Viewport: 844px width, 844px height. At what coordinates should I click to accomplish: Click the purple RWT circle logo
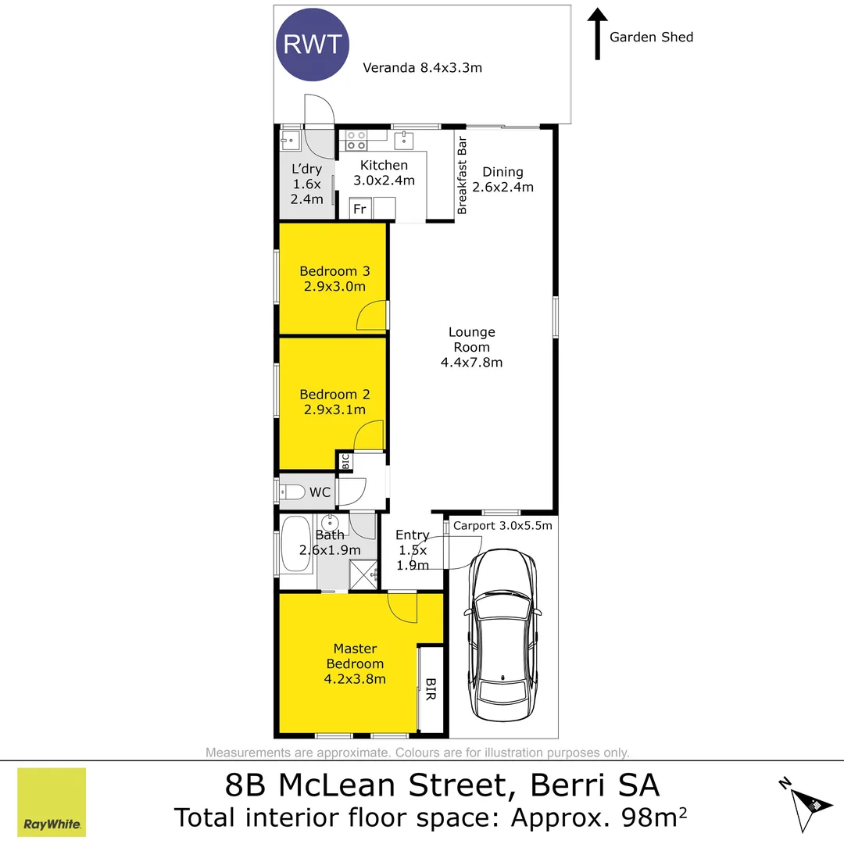pyautogui.click(x=312, y=45)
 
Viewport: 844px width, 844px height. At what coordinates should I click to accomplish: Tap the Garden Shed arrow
pyautogui.click(x=597, y=34)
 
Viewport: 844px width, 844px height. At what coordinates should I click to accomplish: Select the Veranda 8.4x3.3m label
pyautogui.click(x=422, y=67)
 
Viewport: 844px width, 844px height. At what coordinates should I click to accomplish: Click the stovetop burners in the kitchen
pyautogui.click(x=356, y=141)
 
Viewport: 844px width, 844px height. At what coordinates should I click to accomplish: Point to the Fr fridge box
pyautogui.click(x=360, y=209)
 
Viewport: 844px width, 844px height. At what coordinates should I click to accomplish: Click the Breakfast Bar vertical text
pyautogui.click(x=462, y=175)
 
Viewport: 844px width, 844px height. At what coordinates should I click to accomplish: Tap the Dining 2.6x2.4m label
pyautogui.click(x=502, y=179)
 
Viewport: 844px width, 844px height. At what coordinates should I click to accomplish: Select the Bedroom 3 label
pyautogui.click(x=334, y=278)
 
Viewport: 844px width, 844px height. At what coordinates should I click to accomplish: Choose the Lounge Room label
pyautogui.click(x=471, y=347)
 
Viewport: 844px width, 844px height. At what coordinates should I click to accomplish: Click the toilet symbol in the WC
pyautogui.click(x=291, y=492)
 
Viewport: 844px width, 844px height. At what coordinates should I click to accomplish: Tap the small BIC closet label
pyautogui.click(x=345, y=461)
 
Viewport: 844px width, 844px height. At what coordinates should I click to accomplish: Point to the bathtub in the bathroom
pyautogui.click(x=296, y=544)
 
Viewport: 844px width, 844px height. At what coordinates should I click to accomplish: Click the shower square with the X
pyautogui.click(x=363, y=574)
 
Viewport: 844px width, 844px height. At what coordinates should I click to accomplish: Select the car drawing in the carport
pyautogui.click(x=502, y=635)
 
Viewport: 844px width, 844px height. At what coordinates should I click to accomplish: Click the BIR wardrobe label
pyautogui.click(x=431, y=689)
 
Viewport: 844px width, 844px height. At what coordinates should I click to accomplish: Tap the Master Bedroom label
pyautogui.click(x=355, y=663)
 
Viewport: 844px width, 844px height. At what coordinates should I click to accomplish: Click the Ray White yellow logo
pyautogui.click(x=52, y=802)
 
